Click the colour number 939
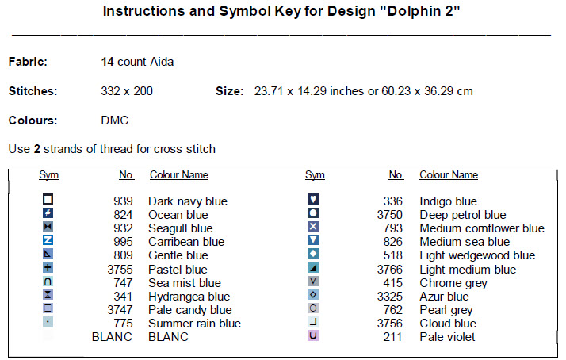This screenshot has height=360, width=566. (123, 201)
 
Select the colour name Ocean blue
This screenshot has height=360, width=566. (178, 215)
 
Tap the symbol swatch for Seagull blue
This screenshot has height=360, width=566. (48, 227)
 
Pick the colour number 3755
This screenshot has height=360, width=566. (120, 270)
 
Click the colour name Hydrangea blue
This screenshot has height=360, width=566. (189, 297)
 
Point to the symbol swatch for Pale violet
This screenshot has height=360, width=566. (313, 336)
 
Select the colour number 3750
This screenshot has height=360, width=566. (391, 215)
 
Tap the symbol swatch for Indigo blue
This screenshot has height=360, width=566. (313, 200)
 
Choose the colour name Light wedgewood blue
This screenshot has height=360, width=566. (477, 255)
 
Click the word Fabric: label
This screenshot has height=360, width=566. (28, 61)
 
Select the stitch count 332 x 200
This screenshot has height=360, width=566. (127, 91)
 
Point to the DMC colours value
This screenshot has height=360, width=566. (114, 121)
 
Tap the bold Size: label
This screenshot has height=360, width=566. (229, 91)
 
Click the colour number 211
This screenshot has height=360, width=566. (394, 337)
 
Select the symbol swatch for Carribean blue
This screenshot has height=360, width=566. (48, 240)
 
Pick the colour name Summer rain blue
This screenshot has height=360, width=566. (194, 324)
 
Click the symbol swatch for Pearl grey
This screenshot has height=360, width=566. (313, 308)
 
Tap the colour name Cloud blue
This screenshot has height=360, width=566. (447, 324)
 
